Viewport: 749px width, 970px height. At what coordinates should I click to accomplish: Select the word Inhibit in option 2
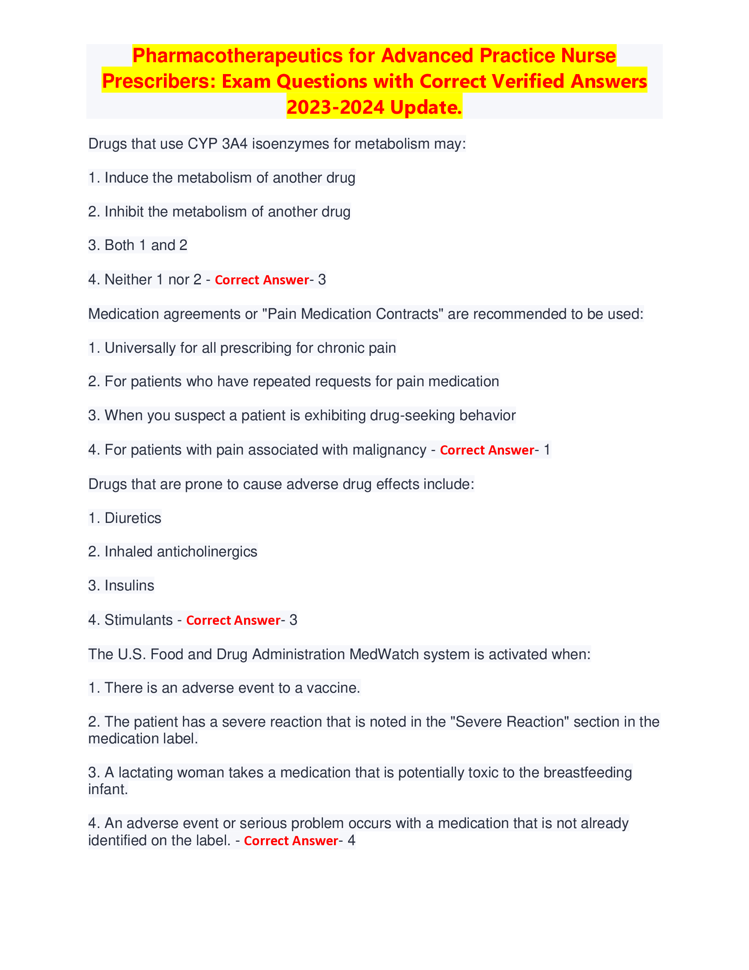pyautogui.click(x=124, y=211)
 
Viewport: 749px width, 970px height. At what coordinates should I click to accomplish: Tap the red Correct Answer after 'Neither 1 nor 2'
pyautogui.click(x=261, y=280)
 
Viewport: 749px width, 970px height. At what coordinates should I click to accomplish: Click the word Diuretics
pyautogui.click(x=133, y=518)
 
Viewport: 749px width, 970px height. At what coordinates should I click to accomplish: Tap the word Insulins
pyautogui.click(x=129, y=586)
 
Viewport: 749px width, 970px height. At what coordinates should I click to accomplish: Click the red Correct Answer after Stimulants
pyautogui.click(x=233, y=620)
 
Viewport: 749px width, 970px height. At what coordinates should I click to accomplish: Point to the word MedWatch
pyautogui.click(x=384, y=654)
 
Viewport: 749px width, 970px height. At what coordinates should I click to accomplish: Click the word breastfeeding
pyautogui.click(x=587, y=772)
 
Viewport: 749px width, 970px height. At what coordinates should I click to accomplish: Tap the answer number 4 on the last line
pyautogui.click(x=351, y=840)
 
